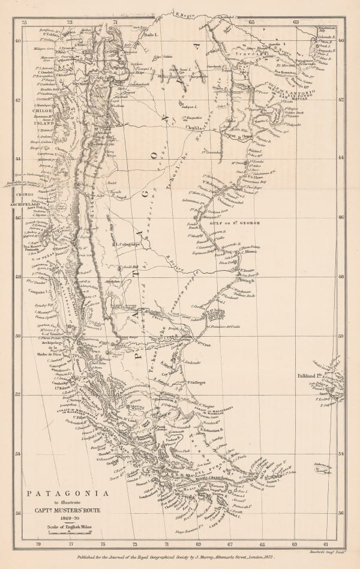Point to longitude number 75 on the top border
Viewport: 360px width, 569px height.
pyautogui.click(x=25, y=22)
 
